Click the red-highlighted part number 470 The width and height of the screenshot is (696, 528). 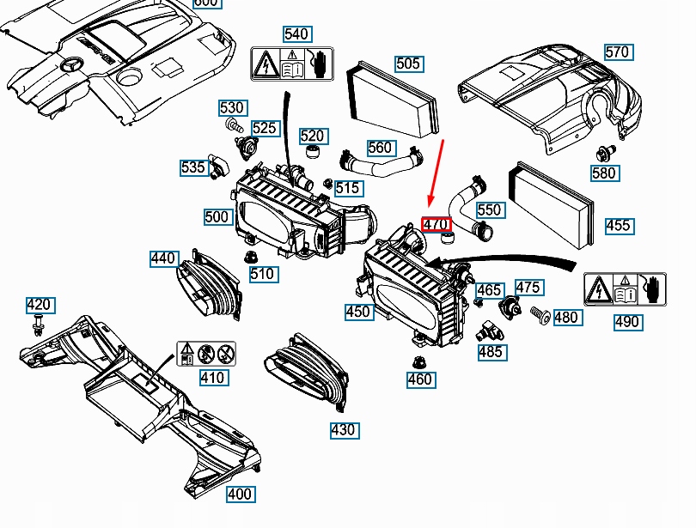[437, 225]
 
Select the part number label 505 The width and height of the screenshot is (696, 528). [408, 64]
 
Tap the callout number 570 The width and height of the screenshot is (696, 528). [617, 52]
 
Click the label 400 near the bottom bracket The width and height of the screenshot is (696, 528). [240, 494]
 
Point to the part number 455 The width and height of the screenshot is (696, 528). [618, 226]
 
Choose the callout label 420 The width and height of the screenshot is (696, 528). [39, 305]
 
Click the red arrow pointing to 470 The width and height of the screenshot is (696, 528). [437, 176]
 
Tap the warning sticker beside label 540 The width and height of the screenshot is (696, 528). [292, 64]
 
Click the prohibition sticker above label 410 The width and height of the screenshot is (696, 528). [206, 354]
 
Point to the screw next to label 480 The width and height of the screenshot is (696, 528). [540, 316]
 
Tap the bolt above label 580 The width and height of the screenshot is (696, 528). [603, 155]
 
